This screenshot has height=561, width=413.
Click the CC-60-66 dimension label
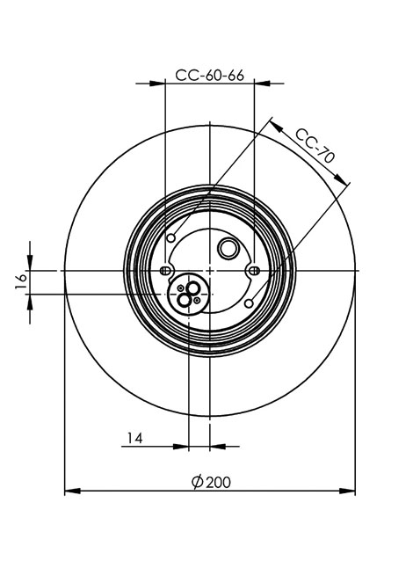[209, 76]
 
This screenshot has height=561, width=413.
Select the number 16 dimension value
[21, 281]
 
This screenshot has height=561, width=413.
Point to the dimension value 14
[135, 438]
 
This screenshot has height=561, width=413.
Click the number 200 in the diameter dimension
[219, 483]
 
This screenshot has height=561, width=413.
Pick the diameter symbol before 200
[198, 483]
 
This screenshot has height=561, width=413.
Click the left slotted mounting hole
[164, 271]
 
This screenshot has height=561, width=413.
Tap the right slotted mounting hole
[254, 271]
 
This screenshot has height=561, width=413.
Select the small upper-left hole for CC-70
[171, 238]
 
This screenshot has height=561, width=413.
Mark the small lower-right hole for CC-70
[250, 303]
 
